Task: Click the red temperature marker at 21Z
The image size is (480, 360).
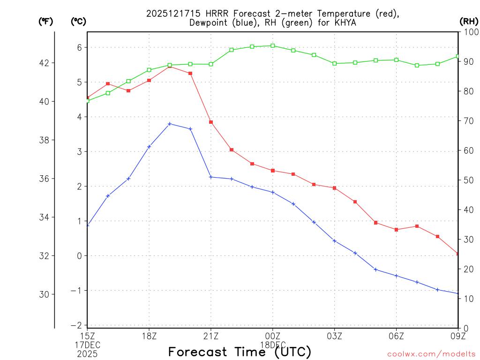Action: [x=211, y=122]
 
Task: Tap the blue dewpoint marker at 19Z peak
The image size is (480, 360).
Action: [x=170, y=124]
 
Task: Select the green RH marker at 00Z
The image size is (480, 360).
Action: [x=273, y=45]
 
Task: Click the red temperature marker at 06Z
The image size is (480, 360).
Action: [x=397, y=230]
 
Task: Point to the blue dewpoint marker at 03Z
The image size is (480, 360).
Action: [x=335, y=240]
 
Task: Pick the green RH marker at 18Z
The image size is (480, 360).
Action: [x=149, y=70]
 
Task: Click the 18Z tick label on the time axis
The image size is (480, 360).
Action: [x=149, y=335]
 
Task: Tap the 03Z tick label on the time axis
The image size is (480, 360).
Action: [x=335, y=335]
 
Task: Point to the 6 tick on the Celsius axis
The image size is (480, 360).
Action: [x=80, y=47]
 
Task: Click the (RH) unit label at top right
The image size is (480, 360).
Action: [x=469, y=21]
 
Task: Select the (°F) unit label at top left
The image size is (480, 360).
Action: [x=45, y=21]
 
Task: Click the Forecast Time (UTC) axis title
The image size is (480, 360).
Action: [x=240, y=352]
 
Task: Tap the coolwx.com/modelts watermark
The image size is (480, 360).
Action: [x=431, y=354]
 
